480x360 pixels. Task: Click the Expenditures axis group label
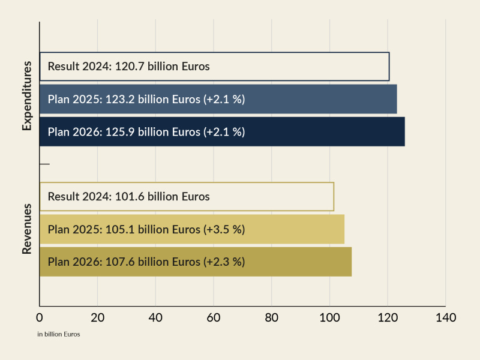click(26, 99)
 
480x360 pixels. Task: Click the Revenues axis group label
click(26, 229)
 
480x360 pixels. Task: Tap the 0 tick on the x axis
click(40, 317)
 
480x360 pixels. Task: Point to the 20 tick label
click(98, 317)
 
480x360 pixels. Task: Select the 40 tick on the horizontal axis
click(155, 317)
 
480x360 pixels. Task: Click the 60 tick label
click(214, 317)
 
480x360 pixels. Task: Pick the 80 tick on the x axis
click(271, 317)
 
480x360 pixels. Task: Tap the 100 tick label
click(329, 317)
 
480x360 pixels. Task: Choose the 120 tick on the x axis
click(387, 317)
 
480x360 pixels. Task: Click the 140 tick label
click(445, 317)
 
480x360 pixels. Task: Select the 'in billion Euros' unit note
click(59, 334)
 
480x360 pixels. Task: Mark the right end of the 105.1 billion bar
click(344, 229)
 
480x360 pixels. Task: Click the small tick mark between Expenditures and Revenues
click(44, 164)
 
